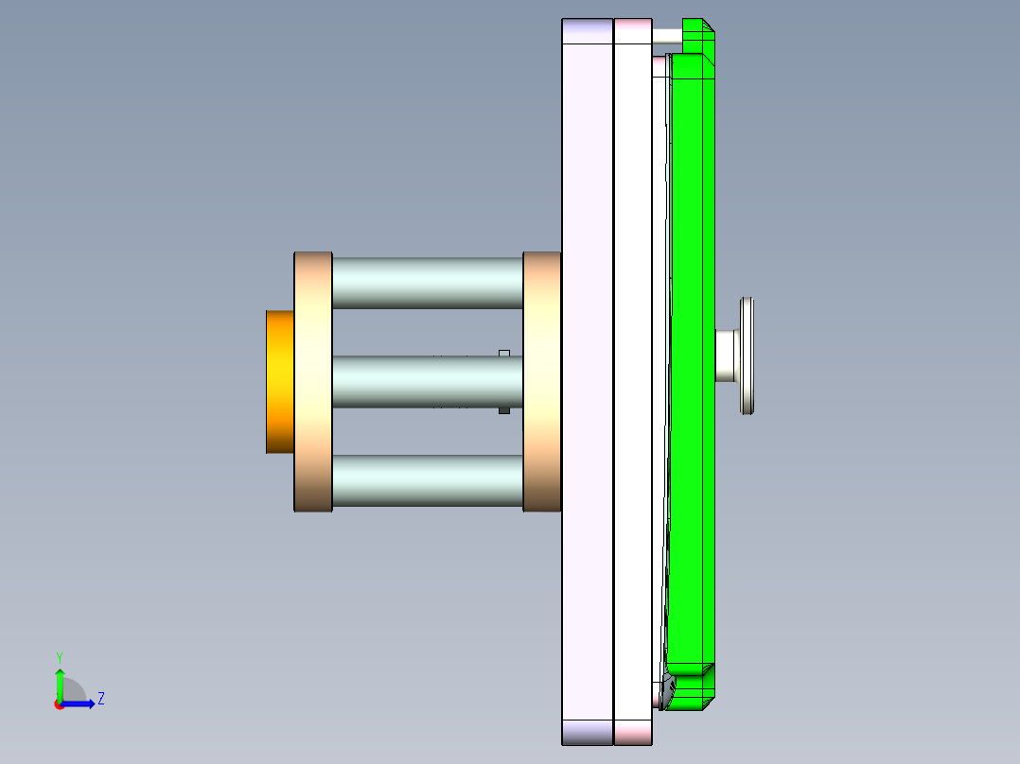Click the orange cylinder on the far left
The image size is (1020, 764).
pos(280,381)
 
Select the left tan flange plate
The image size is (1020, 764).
pos(313,381)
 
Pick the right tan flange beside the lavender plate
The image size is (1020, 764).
pos(541,381)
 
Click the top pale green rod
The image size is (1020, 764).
pos(428,282)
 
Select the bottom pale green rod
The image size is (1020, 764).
pos(428,480)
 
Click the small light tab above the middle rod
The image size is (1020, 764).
pos(504,353)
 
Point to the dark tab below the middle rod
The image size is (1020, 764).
pos(504,410)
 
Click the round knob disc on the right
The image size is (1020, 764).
pos(747,356)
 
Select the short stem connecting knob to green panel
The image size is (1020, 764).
pos(727,356)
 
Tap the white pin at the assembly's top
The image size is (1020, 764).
pos(667,36)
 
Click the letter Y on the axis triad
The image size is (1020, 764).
pos(59,656)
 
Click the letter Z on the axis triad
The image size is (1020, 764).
pos(101,699)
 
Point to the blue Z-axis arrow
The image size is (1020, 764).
pos(79,703)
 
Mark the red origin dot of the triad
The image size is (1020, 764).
pos(59,704)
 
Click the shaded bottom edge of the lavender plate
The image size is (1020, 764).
pos(588,732)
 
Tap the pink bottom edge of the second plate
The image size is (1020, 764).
pos(633,732)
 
